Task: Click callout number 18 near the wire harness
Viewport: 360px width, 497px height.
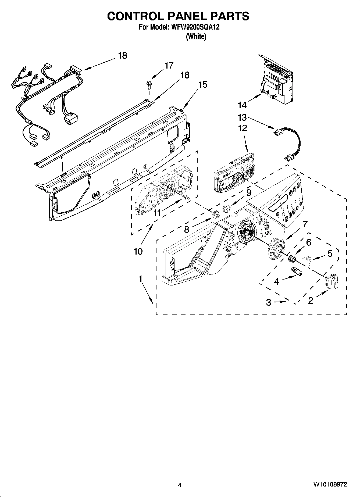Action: tap(122, 56)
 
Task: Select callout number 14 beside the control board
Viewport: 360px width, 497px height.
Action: tap(242, 105)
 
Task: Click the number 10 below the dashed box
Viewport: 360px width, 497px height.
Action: tap(138, 252)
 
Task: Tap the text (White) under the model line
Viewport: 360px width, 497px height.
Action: tap(196, 37)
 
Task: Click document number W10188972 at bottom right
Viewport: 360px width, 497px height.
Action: tap(330, 484)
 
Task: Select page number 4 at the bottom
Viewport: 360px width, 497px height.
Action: tap(180, 485)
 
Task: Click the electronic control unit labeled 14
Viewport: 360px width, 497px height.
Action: tap(277, 81)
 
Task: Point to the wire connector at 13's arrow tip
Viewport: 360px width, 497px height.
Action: tap(277, 132)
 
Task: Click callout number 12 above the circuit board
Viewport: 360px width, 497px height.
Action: tap(243, 128)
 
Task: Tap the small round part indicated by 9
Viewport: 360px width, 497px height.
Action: tap(227, 208)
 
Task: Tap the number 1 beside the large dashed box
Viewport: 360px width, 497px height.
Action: tap(140, 279)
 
